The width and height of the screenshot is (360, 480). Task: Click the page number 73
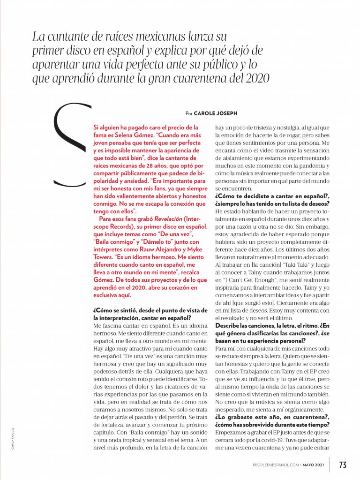[x=343, y=465]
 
